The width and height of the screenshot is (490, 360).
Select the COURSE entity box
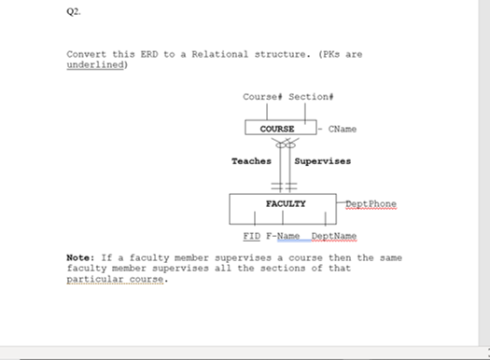click(x=277, y=129)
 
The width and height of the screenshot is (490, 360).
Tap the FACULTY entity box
click(x=285, y=202)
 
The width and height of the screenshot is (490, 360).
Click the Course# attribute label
click(x=261, y=97)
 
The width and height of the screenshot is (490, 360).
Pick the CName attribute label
click(x=342, y=129)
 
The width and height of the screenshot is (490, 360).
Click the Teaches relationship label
click(x=251, y=161)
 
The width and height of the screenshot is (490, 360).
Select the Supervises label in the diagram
click(x=323, y=161)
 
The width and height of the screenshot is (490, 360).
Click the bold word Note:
click(x=79, y=257)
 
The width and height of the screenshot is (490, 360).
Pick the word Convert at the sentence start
click(x=84, y=54)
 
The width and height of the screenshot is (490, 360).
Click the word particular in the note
click(x=94, y=280)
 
